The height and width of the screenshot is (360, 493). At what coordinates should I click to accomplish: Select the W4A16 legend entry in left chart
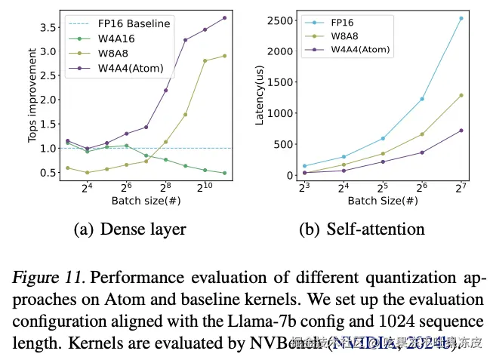118,38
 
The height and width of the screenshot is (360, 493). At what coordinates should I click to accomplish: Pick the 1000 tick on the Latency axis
280,112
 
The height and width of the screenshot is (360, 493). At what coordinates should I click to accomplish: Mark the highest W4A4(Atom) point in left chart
224,17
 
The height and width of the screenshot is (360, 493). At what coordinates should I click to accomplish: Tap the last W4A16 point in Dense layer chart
224,173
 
